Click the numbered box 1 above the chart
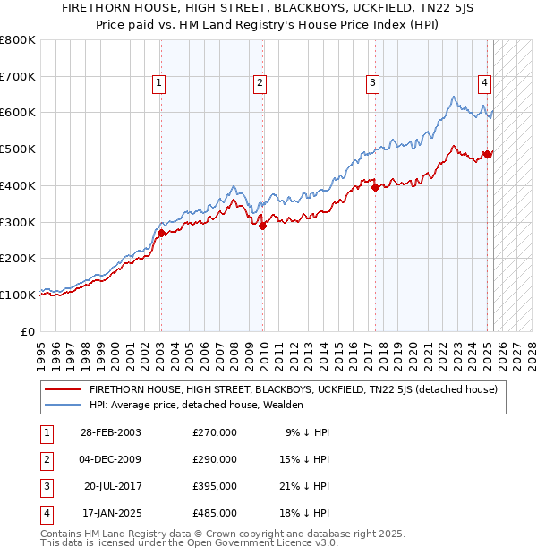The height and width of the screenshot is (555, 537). (158, 83)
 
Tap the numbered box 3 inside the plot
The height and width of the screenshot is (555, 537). (371, 83)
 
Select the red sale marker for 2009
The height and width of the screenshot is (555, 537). (263, 226)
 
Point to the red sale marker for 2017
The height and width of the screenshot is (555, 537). (375, 187)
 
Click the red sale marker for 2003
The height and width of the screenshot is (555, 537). (161, 233)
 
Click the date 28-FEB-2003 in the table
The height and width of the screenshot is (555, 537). (110, 432)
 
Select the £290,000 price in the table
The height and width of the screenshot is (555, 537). (215, 459)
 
